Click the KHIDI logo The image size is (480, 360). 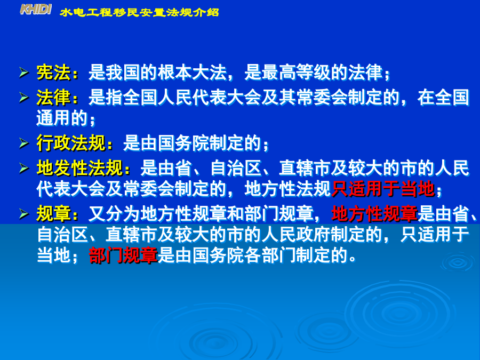click(36, 10)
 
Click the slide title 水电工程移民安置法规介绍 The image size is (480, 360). click(139, 13)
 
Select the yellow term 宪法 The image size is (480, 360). click(53, 73)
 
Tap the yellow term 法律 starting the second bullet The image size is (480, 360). click(53, 98)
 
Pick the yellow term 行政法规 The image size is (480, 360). click(71, 143)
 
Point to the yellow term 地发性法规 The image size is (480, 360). click(79, 168)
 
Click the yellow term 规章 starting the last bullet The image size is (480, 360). click(53, 214)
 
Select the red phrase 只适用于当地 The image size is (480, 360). click(383, 189)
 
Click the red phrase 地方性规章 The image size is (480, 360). click(374, 214)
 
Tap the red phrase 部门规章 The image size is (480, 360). click(123, 255)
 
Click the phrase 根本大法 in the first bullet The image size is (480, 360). click(192, 73)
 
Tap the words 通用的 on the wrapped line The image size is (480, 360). click(62, 118)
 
